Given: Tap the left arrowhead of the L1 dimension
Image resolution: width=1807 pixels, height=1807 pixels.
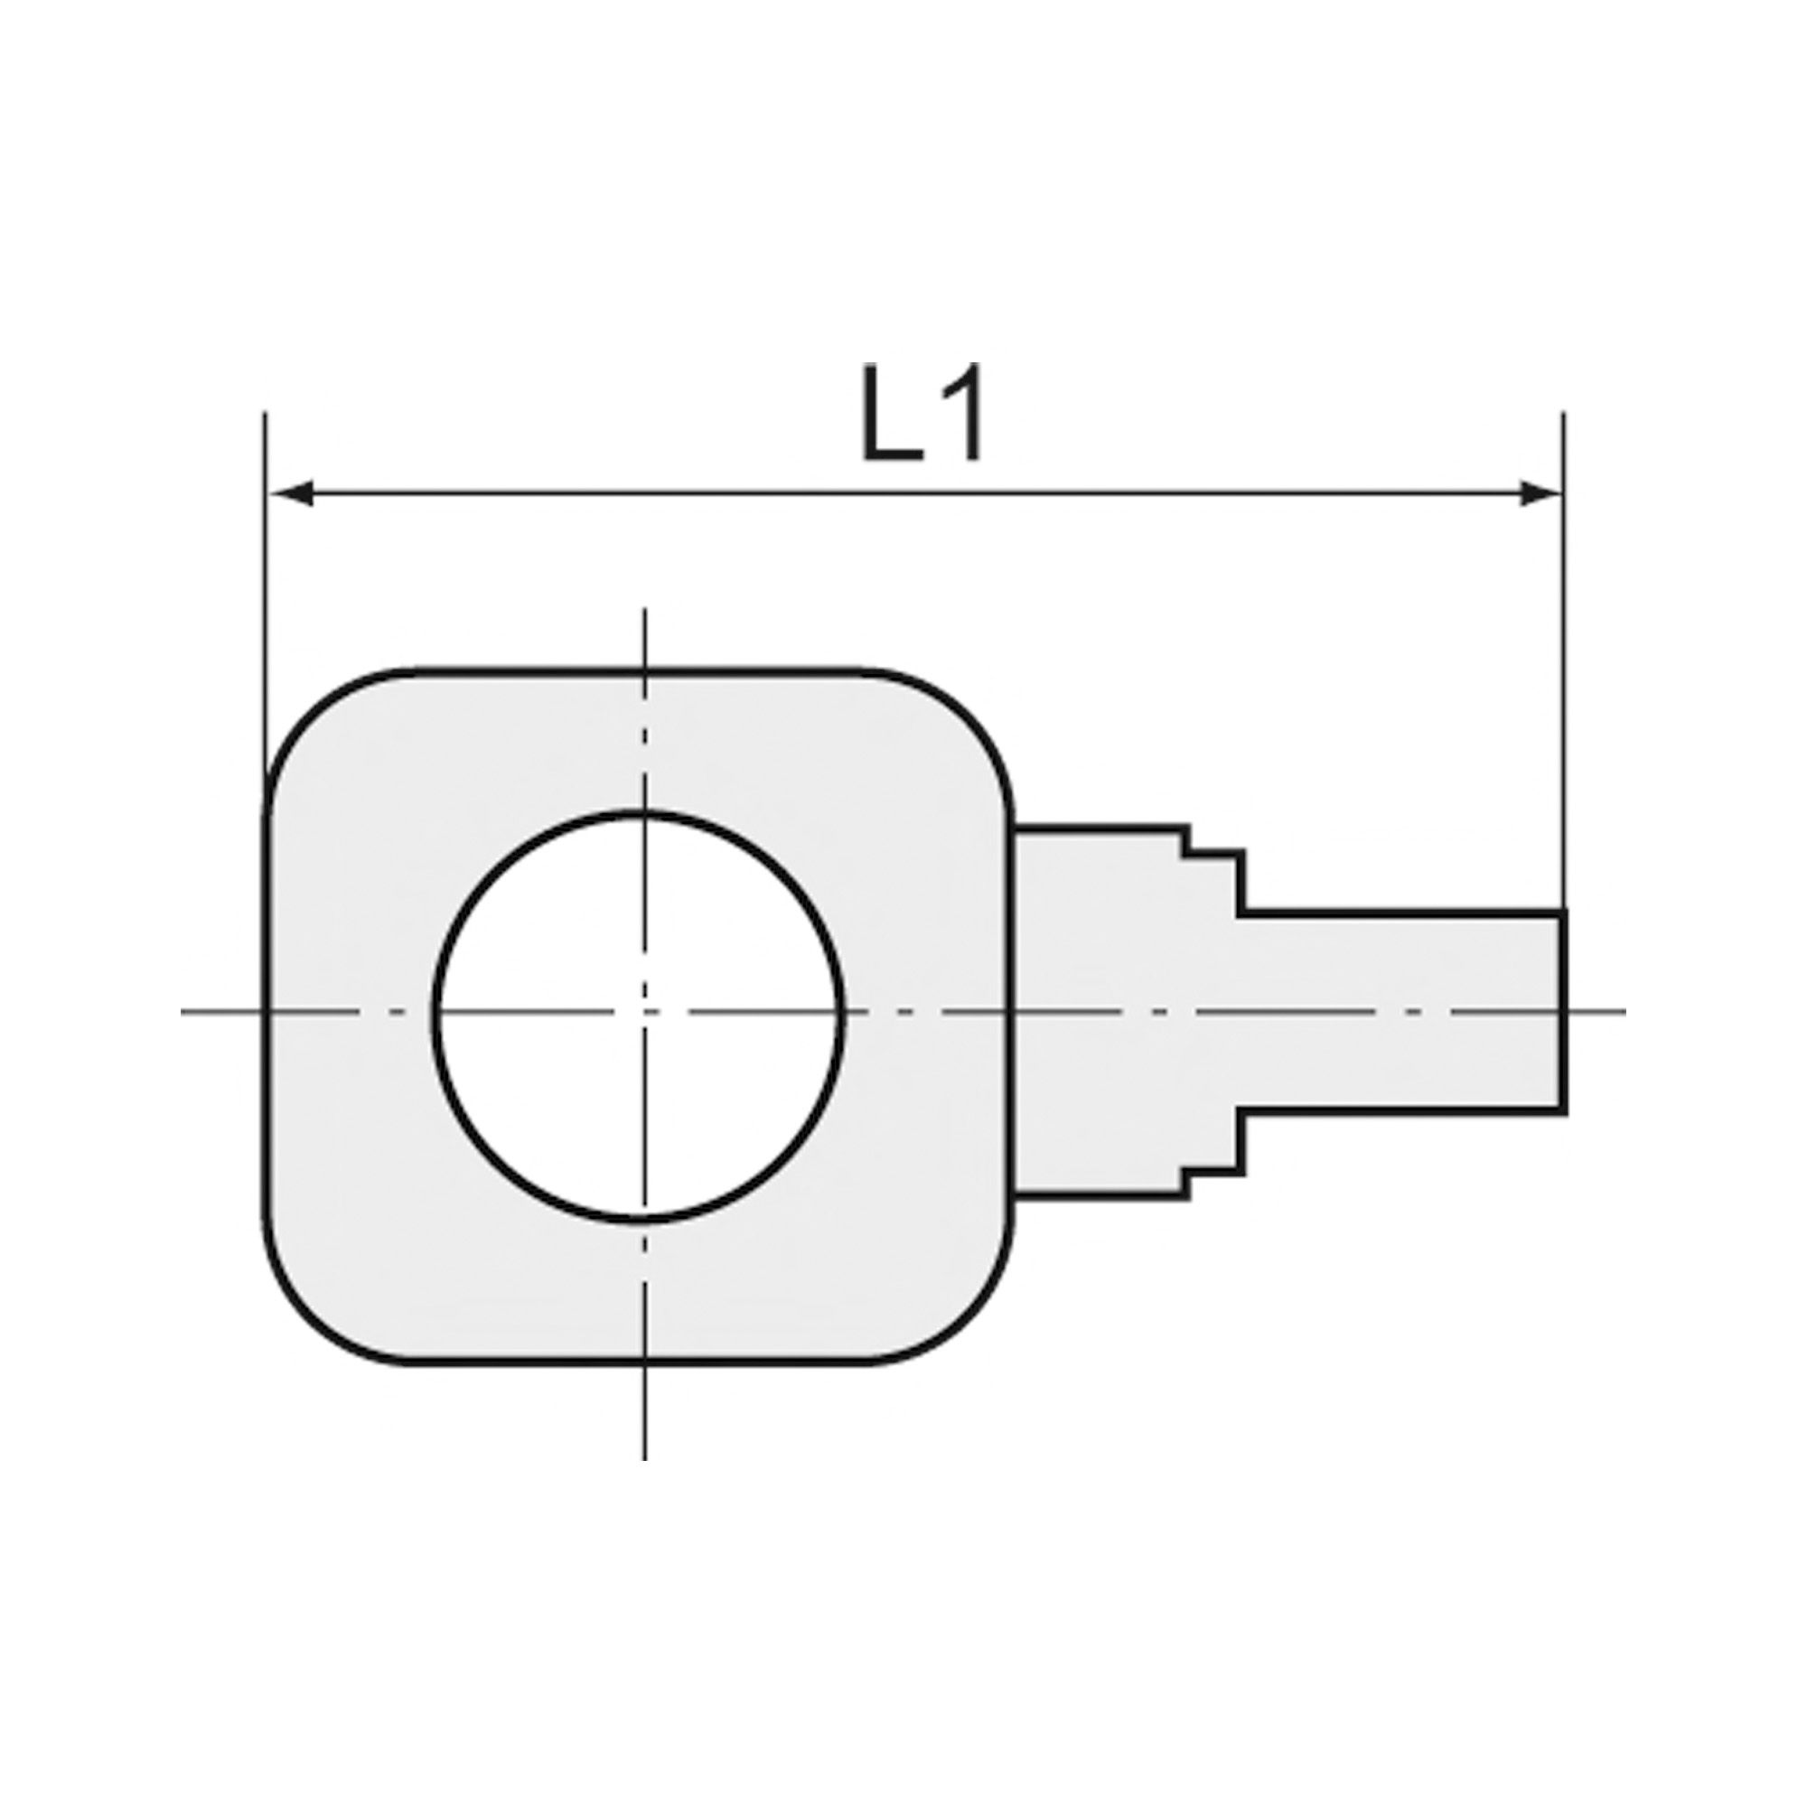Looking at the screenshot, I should tap(290, 493).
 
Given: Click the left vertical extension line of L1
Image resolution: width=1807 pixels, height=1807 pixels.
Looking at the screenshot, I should tap(266, 599).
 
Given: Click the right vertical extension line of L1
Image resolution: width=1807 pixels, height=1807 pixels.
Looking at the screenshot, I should tap(1563, 655).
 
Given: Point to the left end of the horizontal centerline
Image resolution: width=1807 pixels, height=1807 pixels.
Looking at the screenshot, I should tap(184, 1011).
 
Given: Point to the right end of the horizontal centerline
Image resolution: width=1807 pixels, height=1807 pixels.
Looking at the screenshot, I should tap(1624, 1011).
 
